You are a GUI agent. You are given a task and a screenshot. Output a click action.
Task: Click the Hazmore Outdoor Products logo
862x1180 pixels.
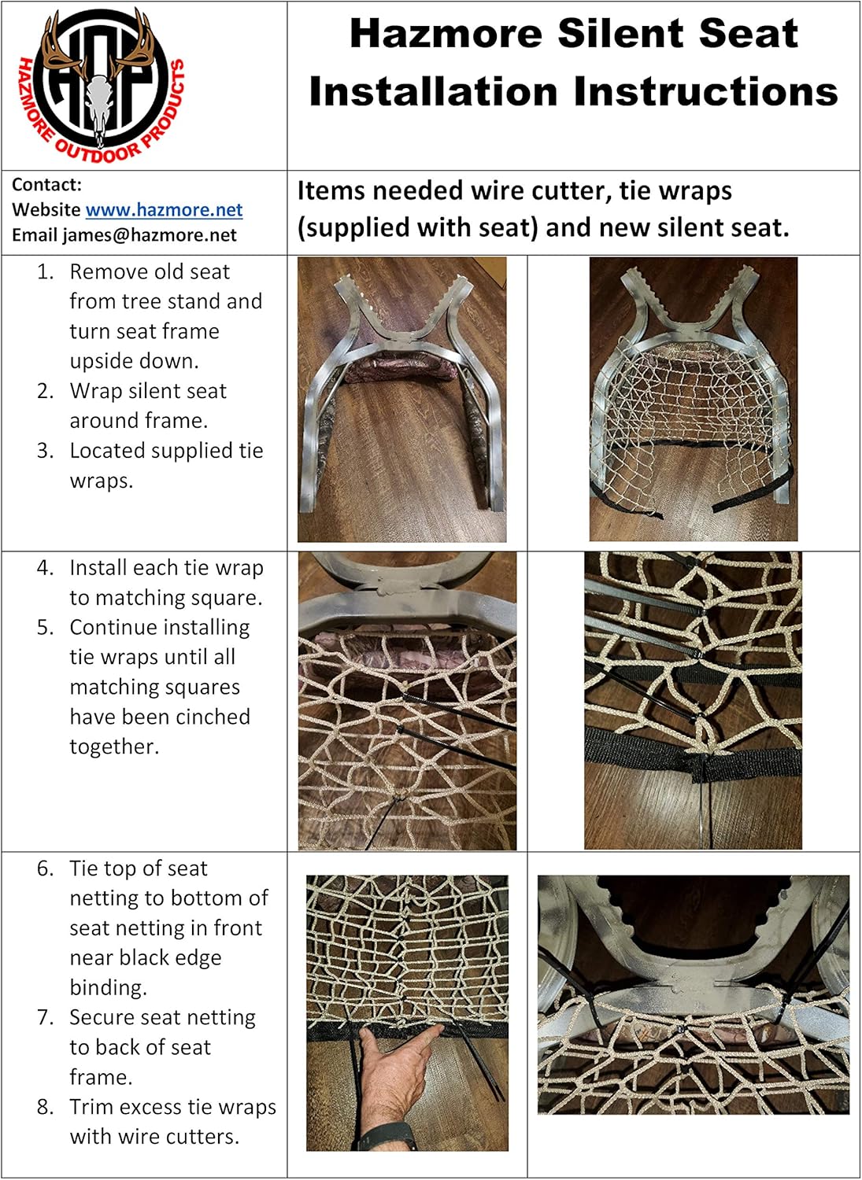(101, 85)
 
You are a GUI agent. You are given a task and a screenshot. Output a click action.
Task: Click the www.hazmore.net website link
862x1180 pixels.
(164, 210)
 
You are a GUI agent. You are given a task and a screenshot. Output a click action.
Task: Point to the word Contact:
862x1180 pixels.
(46, 185)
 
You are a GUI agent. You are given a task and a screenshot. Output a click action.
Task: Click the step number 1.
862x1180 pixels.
(45, 272)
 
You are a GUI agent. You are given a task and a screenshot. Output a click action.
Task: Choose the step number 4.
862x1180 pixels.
(45, 568)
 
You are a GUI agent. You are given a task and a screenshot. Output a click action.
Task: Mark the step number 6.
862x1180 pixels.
(45, 868)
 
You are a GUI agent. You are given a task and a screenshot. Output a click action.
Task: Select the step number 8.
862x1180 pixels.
(45, 1108)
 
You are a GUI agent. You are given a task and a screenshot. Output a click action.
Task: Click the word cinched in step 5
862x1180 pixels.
(214, 717)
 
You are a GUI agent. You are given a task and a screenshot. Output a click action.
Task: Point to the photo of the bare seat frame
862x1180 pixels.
(401, 400)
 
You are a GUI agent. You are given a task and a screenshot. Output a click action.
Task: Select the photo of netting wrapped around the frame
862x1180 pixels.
(693, 400)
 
